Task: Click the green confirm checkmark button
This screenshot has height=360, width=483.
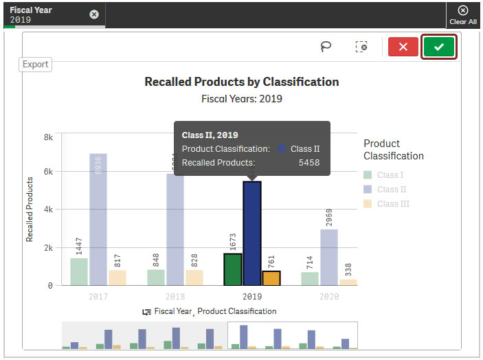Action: pyautogui.click(x=439, y=47)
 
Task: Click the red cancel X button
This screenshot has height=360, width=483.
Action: pyautogui.click(x=403, y=47)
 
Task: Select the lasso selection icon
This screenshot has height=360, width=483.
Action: pyautogui.click(x=326, y=47)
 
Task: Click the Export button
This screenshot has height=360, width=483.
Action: pyautogui.click(x=36, y=65)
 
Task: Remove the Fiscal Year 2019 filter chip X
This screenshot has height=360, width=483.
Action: pyautogui.click(x=94, y=14)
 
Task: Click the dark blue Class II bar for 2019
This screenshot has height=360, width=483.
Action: pyautogui.click(x=252, y=234)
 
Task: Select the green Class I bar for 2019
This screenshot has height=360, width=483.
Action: pyautogui.click(x=233, y=269)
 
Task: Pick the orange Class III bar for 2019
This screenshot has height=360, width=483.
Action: pyautogui.click(x=271, y=278)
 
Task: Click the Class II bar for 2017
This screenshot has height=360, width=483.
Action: pyautogui.click(x=98, y=219)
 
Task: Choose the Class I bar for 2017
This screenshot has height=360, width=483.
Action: pyautogui.click(x=79, y=271)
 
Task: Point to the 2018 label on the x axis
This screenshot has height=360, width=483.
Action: pyautogui.click(x=175, y=296)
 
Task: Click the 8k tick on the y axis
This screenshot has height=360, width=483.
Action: pyautogui.click(x=48, y=137)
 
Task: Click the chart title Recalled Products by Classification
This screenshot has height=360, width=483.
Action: pyautogui.click(x=241, y=82)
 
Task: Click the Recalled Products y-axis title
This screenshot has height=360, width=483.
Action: pyautogui.click(x=30, y=210)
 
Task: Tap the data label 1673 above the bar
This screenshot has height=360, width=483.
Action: pyautogui.click(x=233, y=241)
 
